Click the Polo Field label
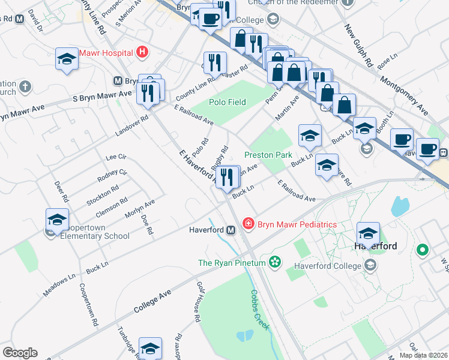tap(228, 102)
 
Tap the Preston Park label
tap(268, 155)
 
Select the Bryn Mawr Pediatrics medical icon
tap(248, 224)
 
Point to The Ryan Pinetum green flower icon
tap(275, 262)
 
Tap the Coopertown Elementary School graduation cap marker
tap(57, 220)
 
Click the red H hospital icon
tap(142, 52)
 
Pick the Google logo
tap(20, 353)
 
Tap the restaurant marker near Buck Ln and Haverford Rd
tap(227, 177)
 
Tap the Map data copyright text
tap(420, 355)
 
